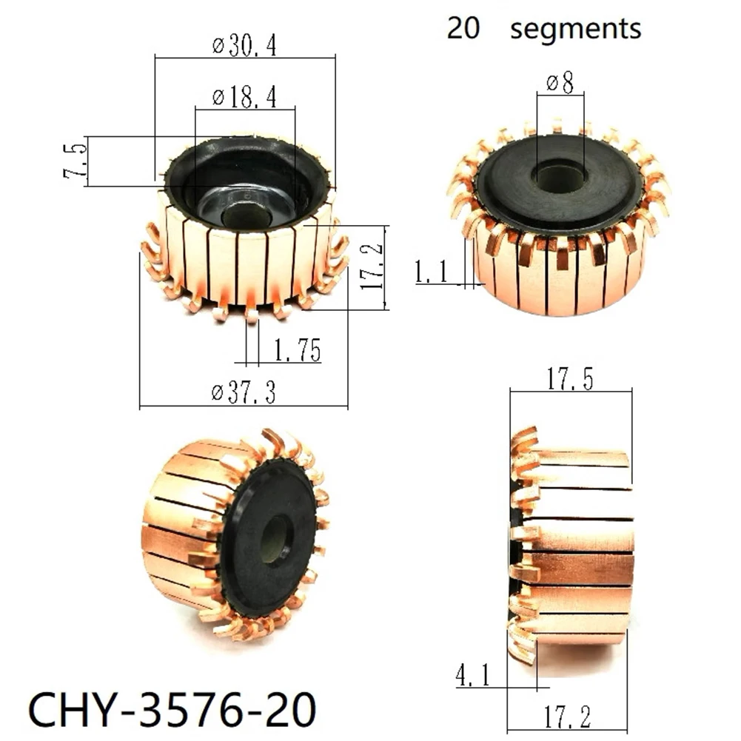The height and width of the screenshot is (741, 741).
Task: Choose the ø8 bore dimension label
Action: [x=560, y=84]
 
